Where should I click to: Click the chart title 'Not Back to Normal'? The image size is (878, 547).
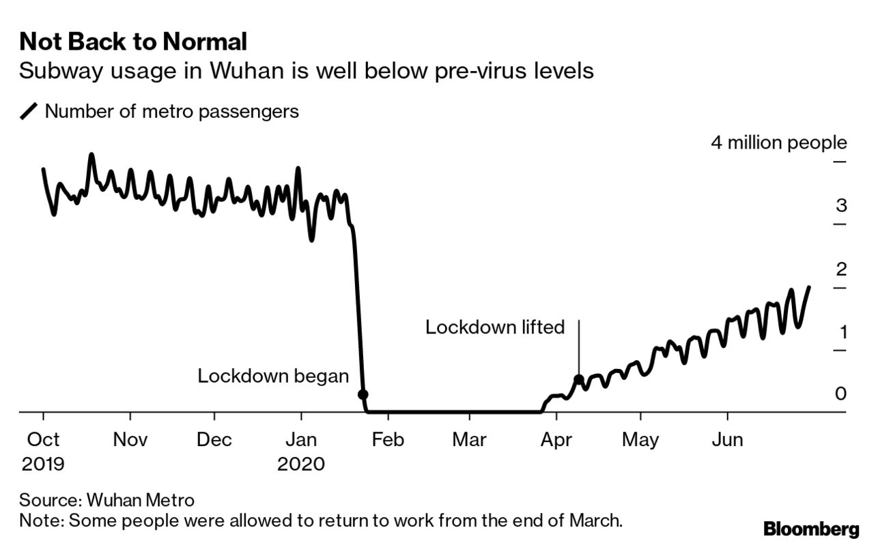tap(132, 42)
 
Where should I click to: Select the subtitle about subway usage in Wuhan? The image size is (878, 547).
tap(306, 71)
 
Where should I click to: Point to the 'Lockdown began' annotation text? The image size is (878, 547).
tap(273, 376)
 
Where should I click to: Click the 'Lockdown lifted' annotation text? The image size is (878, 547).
tap(495, 327)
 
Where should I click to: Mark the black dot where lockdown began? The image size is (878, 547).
tap(363, 394)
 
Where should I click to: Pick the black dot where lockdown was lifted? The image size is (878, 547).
tap(578, 380)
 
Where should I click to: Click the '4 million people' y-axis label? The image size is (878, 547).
tap(778, 143)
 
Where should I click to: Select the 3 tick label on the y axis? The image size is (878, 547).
tap(841, 205)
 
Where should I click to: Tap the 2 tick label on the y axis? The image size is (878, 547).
tap(841, 269)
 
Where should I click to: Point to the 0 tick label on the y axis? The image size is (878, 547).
tap(841, 394)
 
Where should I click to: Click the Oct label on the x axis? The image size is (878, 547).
tap(44, 440)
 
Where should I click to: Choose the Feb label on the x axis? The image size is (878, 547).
tap(387, 440)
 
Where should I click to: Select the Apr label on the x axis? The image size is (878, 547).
tap(556, 440)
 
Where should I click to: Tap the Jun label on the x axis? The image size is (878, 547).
tap(727, 440)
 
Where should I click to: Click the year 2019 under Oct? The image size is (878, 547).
tap(44, 464)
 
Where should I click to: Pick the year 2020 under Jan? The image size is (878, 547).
tap(301, 464)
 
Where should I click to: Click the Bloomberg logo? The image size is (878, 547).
tap(810, 529)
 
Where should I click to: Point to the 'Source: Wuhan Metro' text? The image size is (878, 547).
tap(107, 500)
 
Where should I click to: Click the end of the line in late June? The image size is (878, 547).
tap(810, 287)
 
